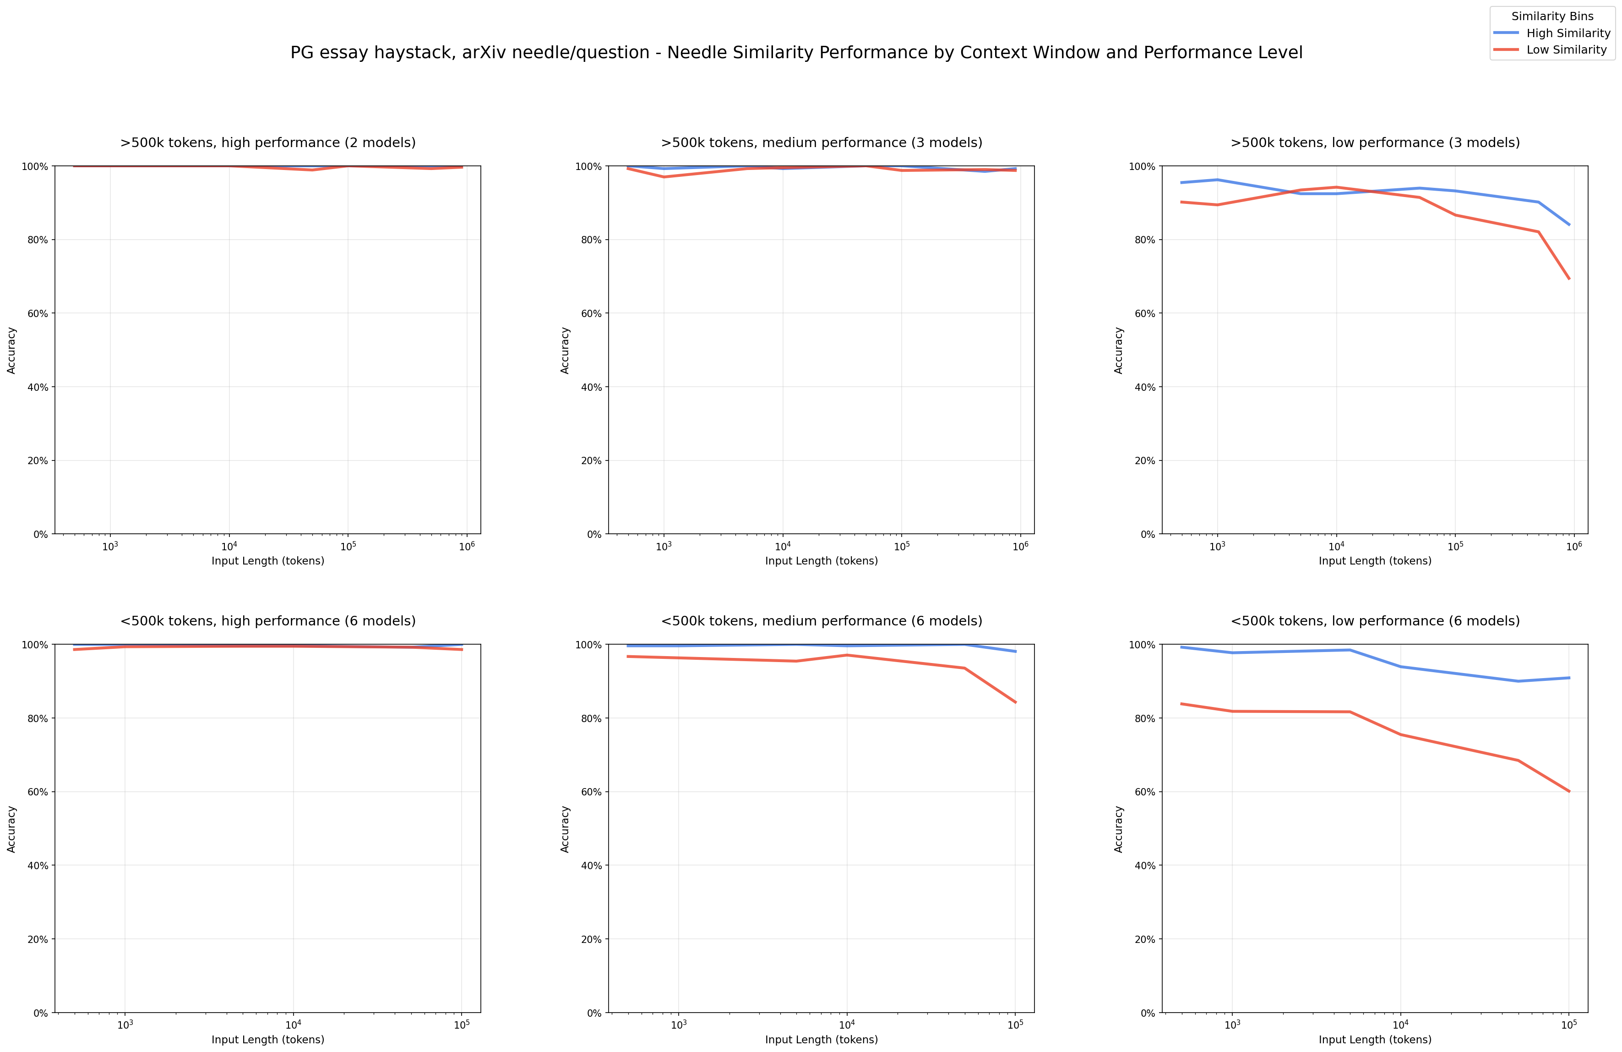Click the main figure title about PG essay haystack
[796, 53]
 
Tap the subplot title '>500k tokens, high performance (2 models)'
[268, 142]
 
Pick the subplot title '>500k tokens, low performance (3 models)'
[1375, 142]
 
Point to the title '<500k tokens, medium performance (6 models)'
[821, 621]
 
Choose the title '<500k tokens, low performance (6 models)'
[1375, 621]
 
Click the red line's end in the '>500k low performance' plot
[1569, 278]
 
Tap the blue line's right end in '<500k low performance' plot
[1569, 678]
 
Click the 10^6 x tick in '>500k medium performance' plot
[1020, 547]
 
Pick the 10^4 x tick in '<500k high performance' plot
[293, 1025]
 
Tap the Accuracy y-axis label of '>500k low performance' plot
[1118, 350]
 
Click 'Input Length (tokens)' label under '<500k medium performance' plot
[821, 1040]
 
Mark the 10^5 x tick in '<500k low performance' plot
[1569, 1025]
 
